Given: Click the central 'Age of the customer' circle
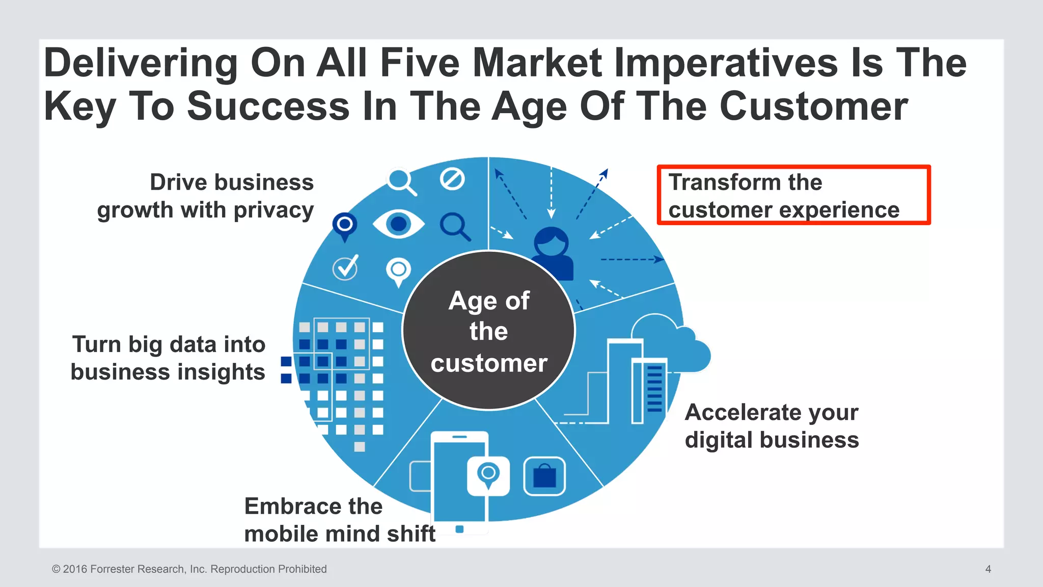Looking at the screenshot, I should click(488, 331).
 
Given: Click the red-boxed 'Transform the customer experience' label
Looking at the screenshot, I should click(793, 195).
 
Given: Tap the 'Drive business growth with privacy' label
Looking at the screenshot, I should click(206, 196).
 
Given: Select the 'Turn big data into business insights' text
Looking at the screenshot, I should click(168, 358).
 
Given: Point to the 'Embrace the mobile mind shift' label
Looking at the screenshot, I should click(339, 520).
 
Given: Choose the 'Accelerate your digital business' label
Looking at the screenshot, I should click(771, 425).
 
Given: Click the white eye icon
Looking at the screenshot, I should click(398, 224).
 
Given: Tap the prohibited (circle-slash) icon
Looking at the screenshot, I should click(452, 179).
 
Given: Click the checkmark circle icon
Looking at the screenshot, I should click(345, 268).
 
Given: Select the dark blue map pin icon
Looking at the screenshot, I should click(345, 226).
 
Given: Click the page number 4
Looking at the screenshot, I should click(988, 569).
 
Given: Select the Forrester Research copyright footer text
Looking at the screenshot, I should click(189, 569).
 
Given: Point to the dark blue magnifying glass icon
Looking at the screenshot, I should click(455, 226).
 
